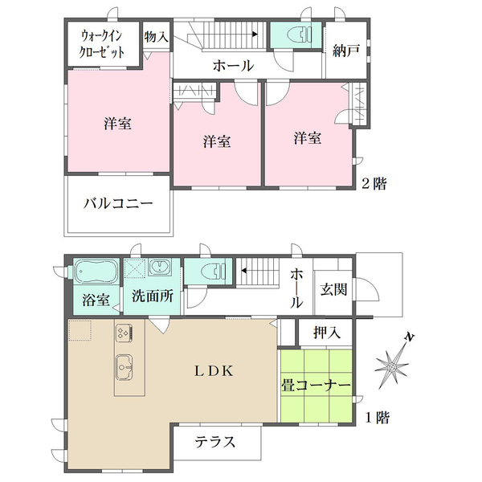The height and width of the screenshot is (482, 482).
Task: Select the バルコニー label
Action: [117, 204]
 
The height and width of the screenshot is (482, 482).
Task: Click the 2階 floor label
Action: [374, 184]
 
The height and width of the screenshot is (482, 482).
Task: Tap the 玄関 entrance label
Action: [333, 289]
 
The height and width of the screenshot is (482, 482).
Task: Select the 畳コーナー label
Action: [316, 386]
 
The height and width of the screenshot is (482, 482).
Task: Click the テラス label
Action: [216, 441]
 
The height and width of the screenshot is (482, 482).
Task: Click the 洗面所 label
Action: [153, 296]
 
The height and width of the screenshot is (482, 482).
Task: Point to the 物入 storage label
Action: [157, 37]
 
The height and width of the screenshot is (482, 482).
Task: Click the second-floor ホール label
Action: [233, 67]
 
